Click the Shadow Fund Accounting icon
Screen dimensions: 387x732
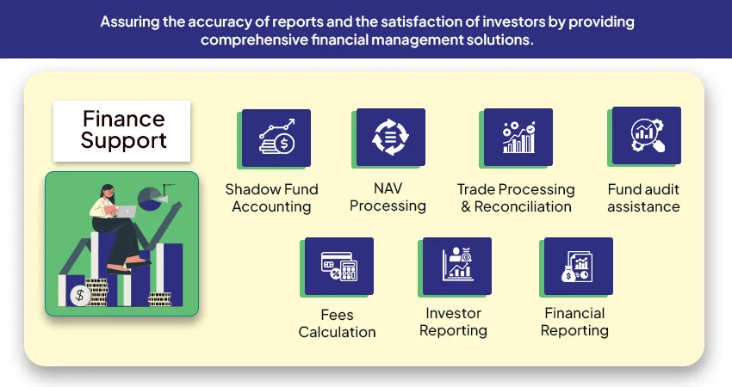click(x=276, y=138)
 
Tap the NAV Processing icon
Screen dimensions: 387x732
click(x=389, y=138)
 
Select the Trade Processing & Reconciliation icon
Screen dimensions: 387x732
click(x=518, y=138)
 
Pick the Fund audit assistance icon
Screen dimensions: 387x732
click(x=645, y=136)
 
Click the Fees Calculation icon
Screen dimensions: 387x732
click(x=339, y=267)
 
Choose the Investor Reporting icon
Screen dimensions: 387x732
click(x=457, y=266)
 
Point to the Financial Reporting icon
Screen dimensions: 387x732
click(x=577, y=266)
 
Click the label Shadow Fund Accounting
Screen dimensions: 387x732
click(x=271, y=198)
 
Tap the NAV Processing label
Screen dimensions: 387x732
click(x=388, y=197)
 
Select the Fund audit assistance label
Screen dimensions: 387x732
click(x=643, y=198)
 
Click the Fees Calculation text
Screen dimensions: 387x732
click(x=337, y=323)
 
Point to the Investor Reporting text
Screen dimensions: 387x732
click(x=454, y=322)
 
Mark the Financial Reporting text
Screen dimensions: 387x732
click(x=574, y=322)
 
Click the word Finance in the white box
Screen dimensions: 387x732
click(x=123, y=118)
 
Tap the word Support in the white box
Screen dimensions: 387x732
click(x=123, y=141)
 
